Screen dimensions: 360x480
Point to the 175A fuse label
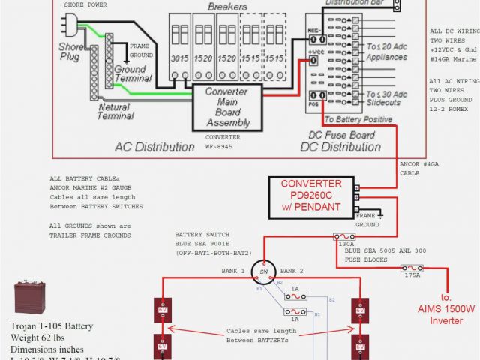(412, 276)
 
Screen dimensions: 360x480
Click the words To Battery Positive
(358, 120)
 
